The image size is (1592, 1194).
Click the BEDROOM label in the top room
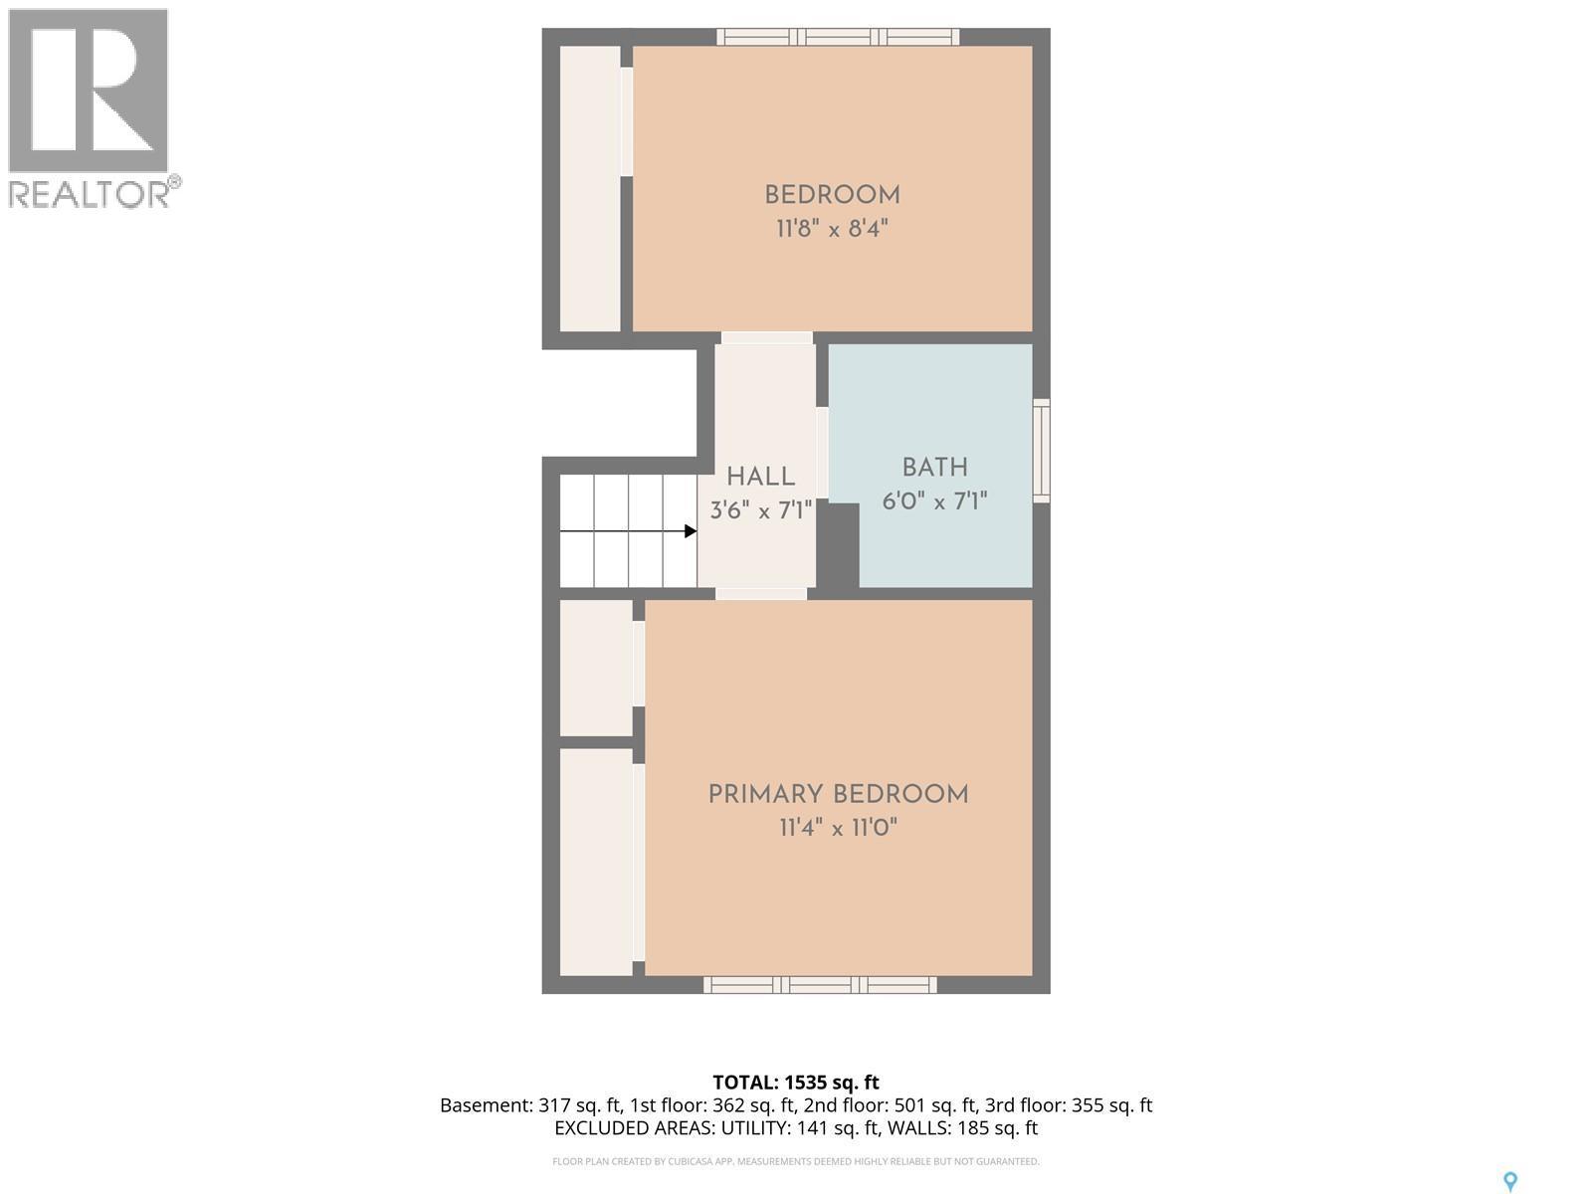[832, 195]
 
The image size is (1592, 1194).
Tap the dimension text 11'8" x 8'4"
[832, 229]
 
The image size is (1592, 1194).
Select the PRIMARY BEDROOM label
[838, 794]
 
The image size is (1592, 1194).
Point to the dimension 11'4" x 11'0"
[838, 828]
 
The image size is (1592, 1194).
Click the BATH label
[934, 468]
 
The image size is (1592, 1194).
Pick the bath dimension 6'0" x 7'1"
[934, 500]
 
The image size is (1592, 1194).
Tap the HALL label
[760, 477]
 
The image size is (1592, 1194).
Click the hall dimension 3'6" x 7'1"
[760, 511]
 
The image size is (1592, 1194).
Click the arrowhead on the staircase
[691, 531]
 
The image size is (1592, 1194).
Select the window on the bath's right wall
[1041, 451]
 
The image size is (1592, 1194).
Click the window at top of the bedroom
[838, 38]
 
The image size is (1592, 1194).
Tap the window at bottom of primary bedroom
[820, 985]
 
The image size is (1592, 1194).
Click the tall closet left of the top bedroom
[590, 189]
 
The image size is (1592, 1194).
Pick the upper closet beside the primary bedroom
[595, 668]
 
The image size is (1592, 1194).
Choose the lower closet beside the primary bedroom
[595, 862]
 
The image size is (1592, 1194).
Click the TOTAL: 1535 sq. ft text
[796, 1083]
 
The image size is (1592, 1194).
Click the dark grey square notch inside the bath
[838, 544]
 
